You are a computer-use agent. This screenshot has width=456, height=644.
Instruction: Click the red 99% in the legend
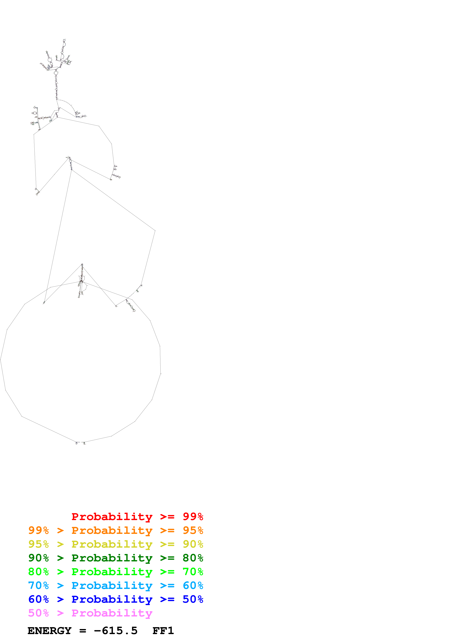193,516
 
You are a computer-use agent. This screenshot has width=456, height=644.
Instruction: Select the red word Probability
112,516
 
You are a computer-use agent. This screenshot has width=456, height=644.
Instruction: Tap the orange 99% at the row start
38,530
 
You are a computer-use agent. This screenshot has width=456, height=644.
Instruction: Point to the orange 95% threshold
193,530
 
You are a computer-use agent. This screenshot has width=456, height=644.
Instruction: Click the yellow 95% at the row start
38,544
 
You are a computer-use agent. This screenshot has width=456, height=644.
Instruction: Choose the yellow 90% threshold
193,544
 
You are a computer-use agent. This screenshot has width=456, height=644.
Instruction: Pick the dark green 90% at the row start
38,558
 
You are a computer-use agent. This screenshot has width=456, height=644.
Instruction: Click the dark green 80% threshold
193,558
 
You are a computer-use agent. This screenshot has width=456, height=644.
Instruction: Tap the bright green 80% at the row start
38,572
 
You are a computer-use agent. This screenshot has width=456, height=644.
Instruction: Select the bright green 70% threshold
193,572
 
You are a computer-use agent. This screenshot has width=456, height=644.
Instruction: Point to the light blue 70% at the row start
38,585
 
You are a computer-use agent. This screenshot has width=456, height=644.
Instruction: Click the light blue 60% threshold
193,585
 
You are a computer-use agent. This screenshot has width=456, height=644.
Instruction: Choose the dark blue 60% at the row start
38,599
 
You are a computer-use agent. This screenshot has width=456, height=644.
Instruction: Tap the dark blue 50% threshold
193,599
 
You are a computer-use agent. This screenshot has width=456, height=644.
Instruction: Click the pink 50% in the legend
38,613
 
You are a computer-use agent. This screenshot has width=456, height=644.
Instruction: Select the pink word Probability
112,613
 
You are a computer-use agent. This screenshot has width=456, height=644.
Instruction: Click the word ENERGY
49,631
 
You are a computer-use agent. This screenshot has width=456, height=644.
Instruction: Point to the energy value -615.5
116,631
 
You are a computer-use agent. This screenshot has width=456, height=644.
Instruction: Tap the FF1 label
163,631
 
